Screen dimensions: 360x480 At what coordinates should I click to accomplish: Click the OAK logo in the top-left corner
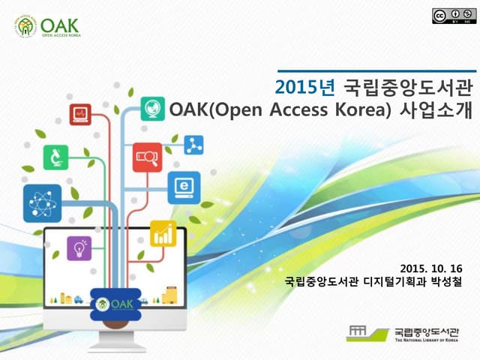tap(46, 27)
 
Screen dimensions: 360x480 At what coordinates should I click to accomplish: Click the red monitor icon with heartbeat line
tap(80, 114)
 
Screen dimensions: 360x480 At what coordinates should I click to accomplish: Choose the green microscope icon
tap(58, 157)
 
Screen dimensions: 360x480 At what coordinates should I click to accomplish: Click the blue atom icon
tap(37, 203)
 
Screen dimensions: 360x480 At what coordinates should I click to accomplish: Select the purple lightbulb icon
tap(79, 248)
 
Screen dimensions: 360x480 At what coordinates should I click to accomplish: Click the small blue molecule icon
tap(193, 144)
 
